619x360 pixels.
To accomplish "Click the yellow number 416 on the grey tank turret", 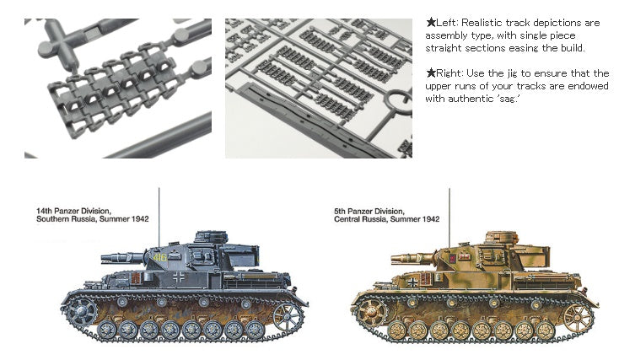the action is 160,258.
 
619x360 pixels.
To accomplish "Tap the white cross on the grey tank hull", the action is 179,277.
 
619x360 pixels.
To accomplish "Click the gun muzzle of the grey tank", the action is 106,259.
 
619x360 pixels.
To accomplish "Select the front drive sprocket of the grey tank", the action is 82,311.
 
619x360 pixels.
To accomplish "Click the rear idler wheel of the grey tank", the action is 288,316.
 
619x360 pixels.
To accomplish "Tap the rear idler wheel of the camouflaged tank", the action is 578,317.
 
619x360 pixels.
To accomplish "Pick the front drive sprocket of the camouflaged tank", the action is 371,312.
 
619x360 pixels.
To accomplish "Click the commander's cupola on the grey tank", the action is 211,237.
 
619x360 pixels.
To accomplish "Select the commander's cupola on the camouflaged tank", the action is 502,237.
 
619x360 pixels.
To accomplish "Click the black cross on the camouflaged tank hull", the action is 412,282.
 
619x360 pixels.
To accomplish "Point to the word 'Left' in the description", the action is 446,23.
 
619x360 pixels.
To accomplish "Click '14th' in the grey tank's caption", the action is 44,211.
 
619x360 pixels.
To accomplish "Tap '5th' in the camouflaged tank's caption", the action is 341,211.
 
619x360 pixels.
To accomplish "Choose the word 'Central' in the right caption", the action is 347,219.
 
